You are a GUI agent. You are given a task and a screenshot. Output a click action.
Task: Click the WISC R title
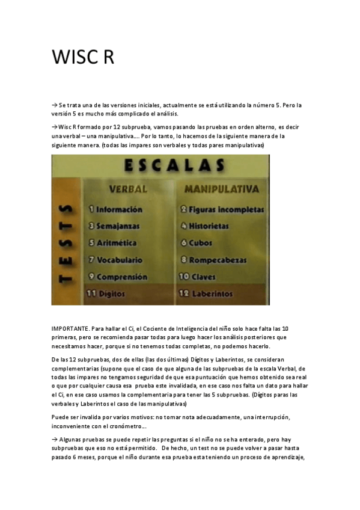[x=82, y=58]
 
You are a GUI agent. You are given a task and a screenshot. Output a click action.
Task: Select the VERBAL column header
[x=128, y=189]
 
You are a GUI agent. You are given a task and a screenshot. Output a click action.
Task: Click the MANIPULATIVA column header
[x=221, y=189]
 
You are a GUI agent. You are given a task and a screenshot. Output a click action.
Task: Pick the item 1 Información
[x=115, y=210]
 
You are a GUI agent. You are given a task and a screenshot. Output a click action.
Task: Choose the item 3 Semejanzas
[x=114, y=227]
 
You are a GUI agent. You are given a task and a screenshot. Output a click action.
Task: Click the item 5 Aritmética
[x=112, y=244]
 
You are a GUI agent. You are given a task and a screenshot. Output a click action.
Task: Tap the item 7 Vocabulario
[x=115, y=260]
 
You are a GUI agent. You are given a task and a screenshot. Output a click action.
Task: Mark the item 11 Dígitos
[x=106, y=293]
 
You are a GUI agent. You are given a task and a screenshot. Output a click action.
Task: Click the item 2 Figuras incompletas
[x=222, y=210]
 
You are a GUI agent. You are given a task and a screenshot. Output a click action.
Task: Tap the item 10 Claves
[x=198, y=277]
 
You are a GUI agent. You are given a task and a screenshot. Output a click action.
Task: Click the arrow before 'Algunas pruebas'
[x=55, y=440]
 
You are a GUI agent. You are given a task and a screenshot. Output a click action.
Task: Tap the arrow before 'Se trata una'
[x=55, y=105]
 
